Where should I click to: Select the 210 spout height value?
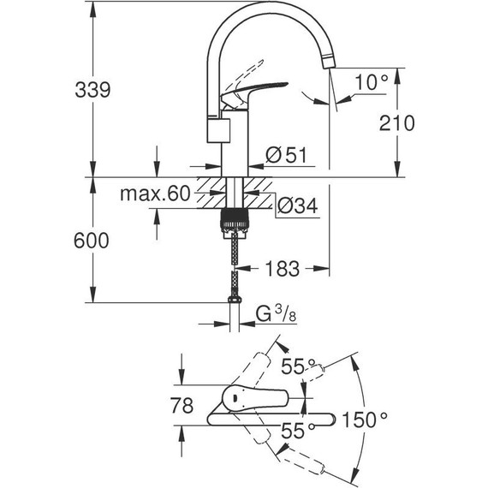(397, 122)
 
